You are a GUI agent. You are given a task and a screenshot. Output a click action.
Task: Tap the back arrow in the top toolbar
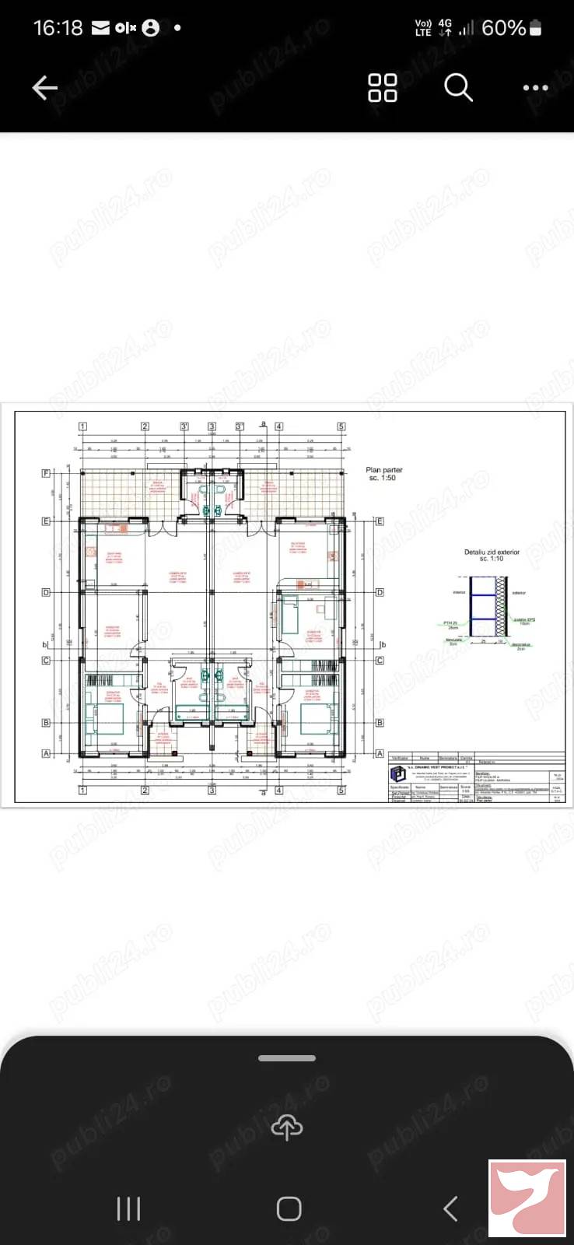[x=45, y=88]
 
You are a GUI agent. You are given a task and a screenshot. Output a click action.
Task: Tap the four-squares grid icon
[x=382, y=88]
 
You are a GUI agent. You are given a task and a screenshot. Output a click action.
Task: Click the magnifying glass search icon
[x=458, y=88]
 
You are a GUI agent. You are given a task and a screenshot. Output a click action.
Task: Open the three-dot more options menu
[x=535, y=88]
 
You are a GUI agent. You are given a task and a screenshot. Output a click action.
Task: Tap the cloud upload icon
[x=287, y=1127]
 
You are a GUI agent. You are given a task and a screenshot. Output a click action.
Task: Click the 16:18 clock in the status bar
[x=58, y=28]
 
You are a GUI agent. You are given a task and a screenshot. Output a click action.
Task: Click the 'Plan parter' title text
[x=384, y=470]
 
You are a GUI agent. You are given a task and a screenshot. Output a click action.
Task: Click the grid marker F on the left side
[x=46, y=473]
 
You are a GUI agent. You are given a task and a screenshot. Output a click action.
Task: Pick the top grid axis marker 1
[x=82, y=426]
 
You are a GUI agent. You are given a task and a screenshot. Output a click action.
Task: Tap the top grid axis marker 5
[x=341, y=426]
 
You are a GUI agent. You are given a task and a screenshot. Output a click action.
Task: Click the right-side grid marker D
[x=380, y=593]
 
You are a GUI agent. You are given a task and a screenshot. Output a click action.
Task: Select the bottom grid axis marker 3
[x=212, y=791]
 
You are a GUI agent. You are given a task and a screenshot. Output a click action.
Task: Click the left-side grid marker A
[x=46, y=753]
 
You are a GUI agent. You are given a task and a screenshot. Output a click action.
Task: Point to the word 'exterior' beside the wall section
[x=518, y=593]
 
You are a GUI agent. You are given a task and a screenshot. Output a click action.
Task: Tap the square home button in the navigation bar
[x=289, y=1208]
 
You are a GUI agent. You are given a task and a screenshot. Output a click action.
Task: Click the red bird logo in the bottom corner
[x=527, y=1198]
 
